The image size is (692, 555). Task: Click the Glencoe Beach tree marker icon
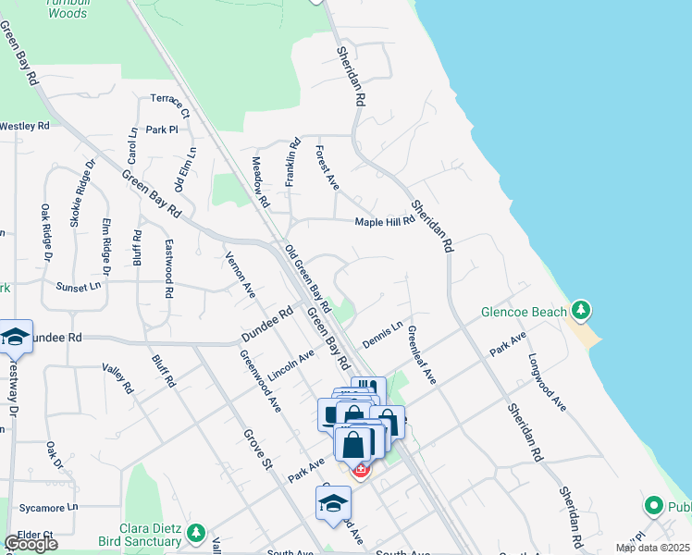coord(581,309)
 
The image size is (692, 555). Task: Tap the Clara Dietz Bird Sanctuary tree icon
coord(195,533)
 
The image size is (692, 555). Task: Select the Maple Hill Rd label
coord(385,222)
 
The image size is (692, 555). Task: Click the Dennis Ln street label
coord(382,334)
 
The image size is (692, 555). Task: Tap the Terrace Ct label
coord(170,106)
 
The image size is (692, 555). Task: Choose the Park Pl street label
coord(161,130)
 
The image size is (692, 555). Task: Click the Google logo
coord(31,544)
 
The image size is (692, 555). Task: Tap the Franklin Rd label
coord(291,163)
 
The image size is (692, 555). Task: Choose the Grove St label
coord(254,450)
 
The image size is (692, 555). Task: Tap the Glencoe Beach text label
coord(524,312)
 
